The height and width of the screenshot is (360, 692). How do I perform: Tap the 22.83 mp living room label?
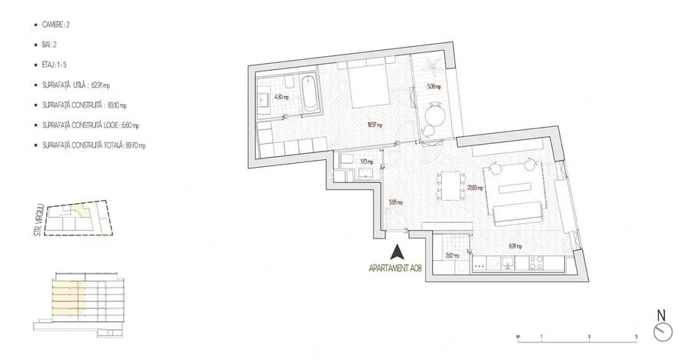coord(475,186)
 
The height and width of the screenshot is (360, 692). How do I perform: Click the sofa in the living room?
coord(517,212)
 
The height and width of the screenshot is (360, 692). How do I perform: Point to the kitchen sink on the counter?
coord(507,265)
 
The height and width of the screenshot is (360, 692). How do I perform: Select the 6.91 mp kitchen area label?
coord(515,246)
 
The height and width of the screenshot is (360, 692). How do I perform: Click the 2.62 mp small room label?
coord(452,255)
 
